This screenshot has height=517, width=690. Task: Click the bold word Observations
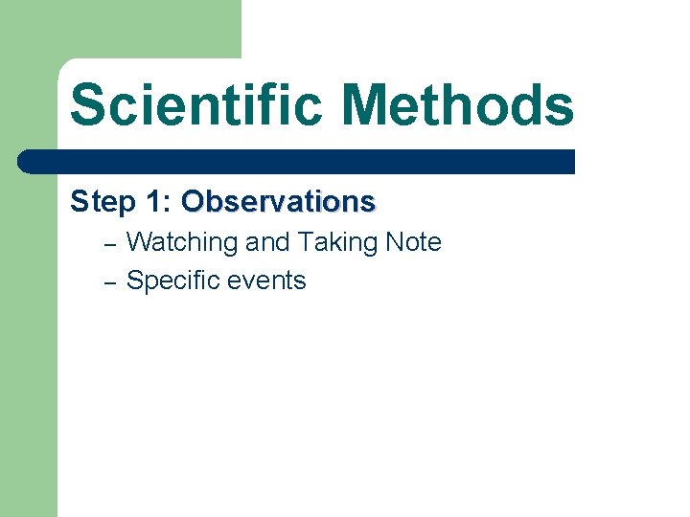pyautogui.click(x=278, y=202)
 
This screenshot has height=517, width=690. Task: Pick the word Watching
pyautogui.click(x=181, y=243)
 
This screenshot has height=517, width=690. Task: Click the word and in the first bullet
pyautogui.click(x=267, y=243)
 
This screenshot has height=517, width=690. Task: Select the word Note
pyautogui.click(x=413, y=243)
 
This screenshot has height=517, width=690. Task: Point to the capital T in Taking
pyautogui.click(x=305, y=243)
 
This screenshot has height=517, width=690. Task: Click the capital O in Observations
pyautogui.click(x=194, y=202)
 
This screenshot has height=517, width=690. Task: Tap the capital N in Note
pyautogui.click(x=394, y=243)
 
